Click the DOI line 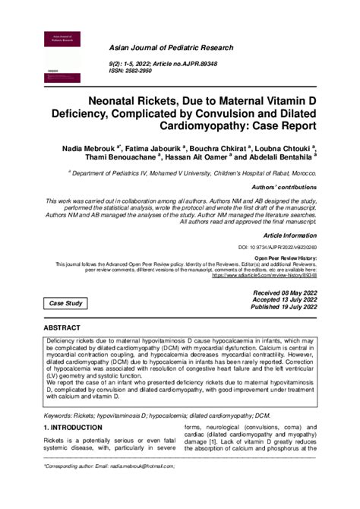tap(277, 248)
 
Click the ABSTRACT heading tap(66, 327)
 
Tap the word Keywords tap(58, 417)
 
